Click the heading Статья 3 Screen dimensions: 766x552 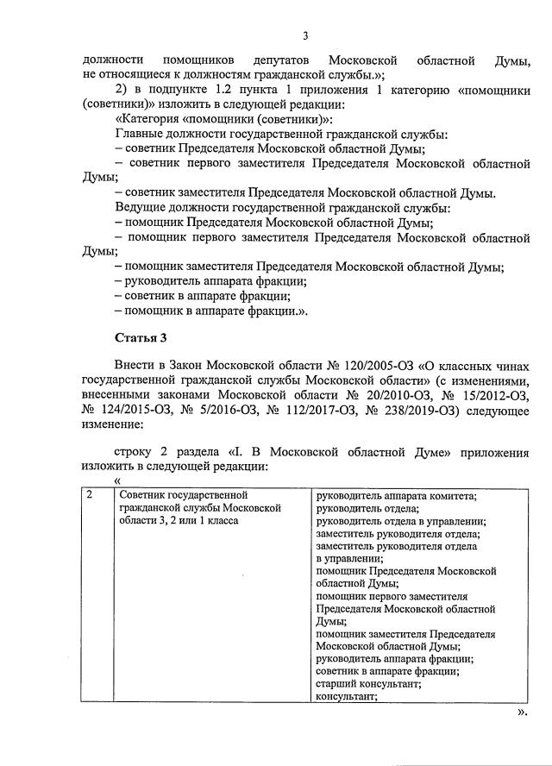click(x=138, y=336)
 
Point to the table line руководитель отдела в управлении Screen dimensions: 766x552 click(x=400, y=521)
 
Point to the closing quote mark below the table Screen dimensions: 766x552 click(x=521, y=713)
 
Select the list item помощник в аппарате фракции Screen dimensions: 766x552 click(x=210, y=309)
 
